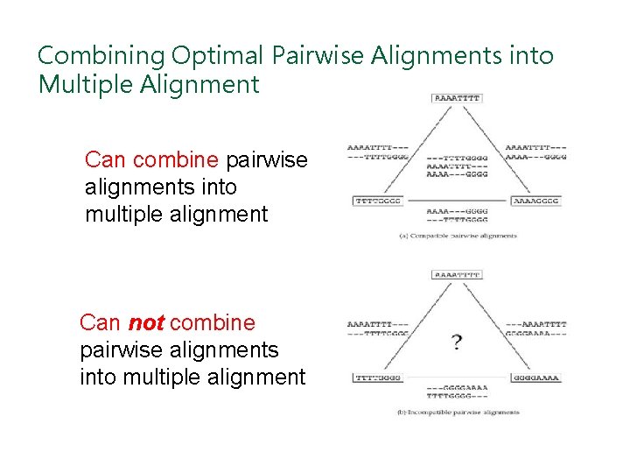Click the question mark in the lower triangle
click(x=457, y=342)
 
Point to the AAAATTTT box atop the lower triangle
click(x=457, y=274)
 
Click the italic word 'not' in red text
click(x=146, y=322)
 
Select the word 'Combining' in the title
click(x=101, y=56)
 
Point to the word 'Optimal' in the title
click(x=218, y=56)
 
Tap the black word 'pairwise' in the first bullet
click(x=267, y=160)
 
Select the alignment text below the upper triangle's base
click(x=457, y=215)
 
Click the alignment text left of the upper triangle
click(x=377, y=152)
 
